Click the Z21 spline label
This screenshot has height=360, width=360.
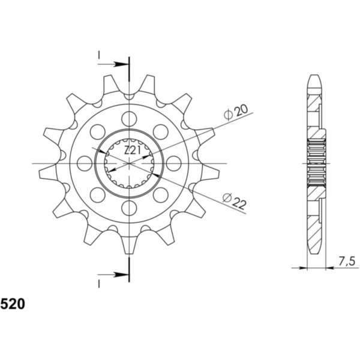[132, 151]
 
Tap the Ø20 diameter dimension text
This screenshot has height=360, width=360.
[236, 112]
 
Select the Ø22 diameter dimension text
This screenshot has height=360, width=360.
[234, 202]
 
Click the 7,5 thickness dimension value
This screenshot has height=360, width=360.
[347, 261]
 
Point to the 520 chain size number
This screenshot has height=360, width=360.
[13, 304]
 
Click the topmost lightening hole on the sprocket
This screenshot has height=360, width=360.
[129, 119]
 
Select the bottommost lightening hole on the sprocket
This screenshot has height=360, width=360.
[129, 208]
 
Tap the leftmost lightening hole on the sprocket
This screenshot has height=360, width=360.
[85, 163]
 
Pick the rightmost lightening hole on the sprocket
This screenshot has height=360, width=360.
[173, 163]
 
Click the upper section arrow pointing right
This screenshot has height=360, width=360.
[113, 64]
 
